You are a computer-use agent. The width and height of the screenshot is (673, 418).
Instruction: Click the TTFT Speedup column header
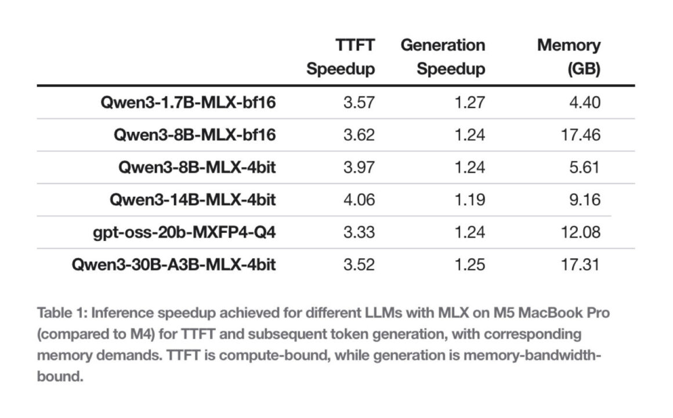[341, 57]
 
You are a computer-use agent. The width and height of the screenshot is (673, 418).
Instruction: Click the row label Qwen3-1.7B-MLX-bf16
[187, 103]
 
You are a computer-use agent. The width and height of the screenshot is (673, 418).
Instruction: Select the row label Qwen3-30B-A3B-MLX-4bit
[173, 265]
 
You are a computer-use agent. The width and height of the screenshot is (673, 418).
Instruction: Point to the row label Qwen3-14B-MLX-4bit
[192, 200]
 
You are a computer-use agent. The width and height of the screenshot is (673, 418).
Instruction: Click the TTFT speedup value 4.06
[359, 200]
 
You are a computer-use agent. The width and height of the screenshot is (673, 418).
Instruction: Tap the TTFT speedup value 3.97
[359, 168]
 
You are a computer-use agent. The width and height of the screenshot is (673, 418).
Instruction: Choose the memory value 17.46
[581, 135]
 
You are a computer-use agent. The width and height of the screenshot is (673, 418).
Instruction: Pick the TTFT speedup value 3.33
[359, 233]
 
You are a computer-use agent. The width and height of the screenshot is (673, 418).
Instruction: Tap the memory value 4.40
[584, 103]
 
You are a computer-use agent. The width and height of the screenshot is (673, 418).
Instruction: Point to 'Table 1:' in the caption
[62, 313]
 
